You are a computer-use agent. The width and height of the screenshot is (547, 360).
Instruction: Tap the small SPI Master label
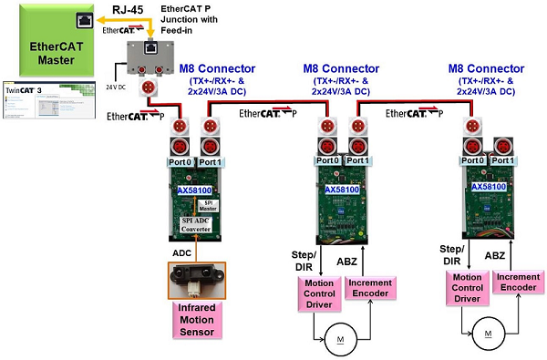[209, 205]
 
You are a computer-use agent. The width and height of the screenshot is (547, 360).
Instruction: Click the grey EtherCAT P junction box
[154, 57]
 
